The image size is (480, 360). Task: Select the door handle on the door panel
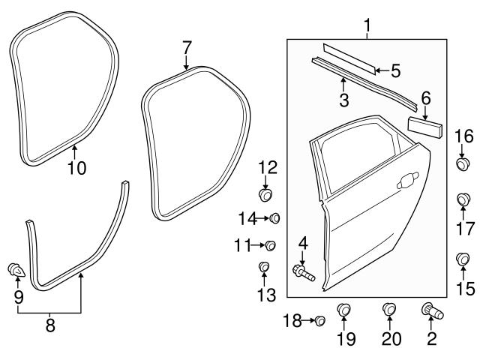409,180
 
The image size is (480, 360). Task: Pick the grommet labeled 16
463,163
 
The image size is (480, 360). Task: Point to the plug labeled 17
463,201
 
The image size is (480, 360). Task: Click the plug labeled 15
463,260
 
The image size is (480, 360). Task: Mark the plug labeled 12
265,196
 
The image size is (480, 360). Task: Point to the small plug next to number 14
274,218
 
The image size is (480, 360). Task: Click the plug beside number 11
271,244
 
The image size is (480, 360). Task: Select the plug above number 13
265,267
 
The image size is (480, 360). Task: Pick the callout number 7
187,48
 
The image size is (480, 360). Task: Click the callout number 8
50,325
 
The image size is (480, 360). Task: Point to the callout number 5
395,71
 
